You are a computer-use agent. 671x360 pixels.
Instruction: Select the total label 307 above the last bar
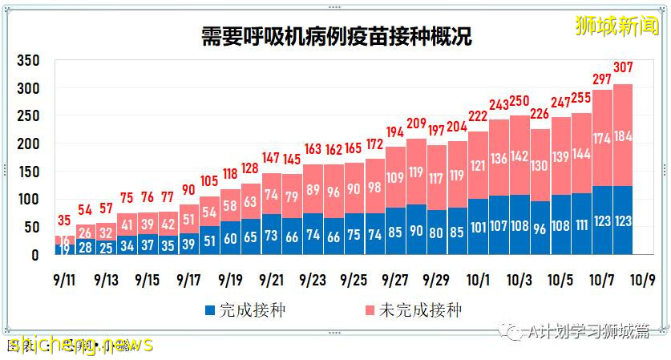coord(623,68)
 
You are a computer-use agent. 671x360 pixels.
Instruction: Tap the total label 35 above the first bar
coord(65,220)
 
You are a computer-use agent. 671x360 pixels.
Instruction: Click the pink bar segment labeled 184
coord(623,136)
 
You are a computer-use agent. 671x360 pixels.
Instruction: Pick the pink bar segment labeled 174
coord(602,139)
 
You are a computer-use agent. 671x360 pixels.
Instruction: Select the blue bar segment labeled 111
coord(581,224)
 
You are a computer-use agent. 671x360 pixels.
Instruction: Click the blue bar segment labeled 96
coord(540,229)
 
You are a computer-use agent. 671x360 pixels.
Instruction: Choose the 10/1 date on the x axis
coord(479,280)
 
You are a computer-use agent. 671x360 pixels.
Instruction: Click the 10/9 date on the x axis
coord(643,280)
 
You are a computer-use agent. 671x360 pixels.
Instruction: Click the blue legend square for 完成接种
coord(210,309)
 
